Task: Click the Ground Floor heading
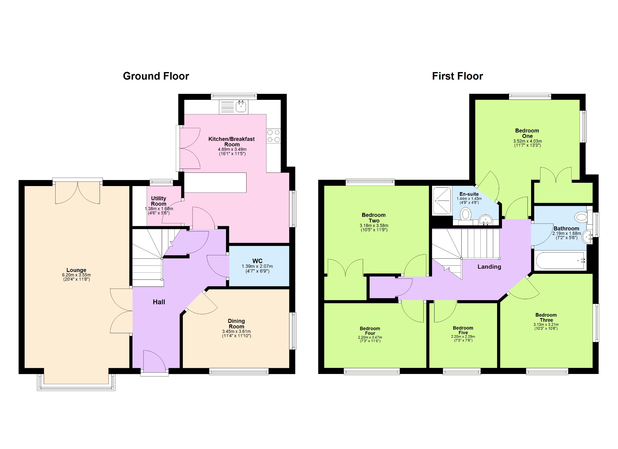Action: (156, 76)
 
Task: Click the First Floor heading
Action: (457, 76)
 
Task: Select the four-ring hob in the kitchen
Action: (274, 136)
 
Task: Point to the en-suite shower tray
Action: (442, 201)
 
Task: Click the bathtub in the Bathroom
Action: (560, 261)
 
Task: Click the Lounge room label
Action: (76, 270)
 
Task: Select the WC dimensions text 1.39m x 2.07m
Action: (257, 266)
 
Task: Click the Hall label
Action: (159, 302)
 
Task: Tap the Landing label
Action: (489, 267)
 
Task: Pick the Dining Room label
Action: (236, 324)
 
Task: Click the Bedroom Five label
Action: (463, 330)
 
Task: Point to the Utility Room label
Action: (158, 201)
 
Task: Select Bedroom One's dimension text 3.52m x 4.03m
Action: (527, 141)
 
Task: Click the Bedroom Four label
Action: (370, 331)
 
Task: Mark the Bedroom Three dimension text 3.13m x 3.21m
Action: (546, 324)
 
